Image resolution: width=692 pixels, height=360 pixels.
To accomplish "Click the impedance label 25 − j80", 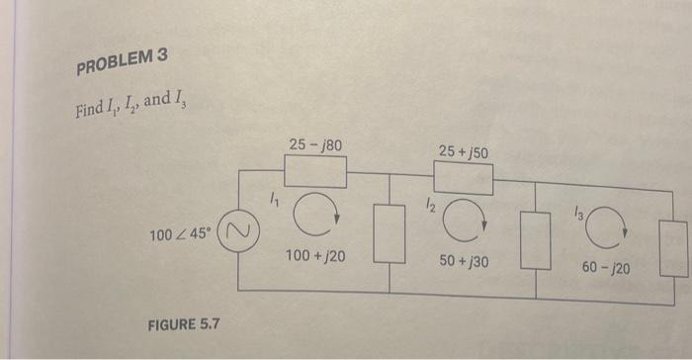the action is pyautogui.click(x=315, y=146).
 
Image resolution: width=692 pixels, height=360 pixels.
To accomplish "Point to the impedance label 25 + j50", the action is pyautogui.click(x=462, y=151).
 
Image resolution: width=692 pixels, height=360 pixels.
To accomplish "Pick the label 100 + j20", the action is pyautogui.click(x=314, y=256).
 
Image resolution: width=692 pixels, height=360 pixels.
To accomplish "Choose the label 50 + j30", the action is pyautogui.click(x=463, y=261).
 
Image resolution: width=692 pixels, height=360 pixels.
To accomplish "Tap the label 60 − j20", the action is pyautogui.click(x=605, y=267).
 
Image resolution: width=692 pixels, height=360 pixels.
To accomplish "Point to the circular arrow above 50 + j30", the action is pyautogui.click(x=462, y=225).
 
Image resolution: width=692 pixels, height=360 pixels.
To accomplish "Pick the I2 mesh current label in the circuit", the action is pyautogui.click(x=428, y=205).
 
